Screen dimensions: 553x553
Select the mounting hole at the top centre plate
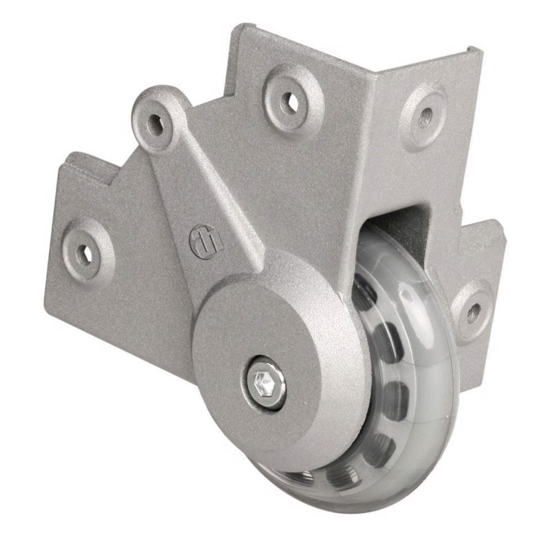click(290, 103)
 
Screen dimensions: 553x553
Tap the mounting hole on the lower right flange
click(474, 312)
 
